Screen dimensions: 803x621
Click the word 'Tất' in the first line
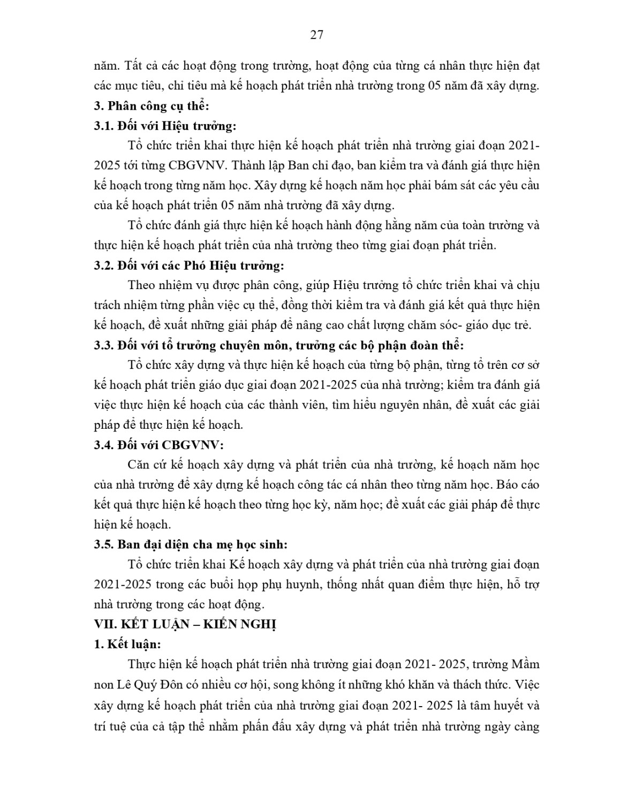tap(134, 66)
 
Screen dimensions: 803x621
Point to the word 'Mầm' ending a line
tap(525, 664)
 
